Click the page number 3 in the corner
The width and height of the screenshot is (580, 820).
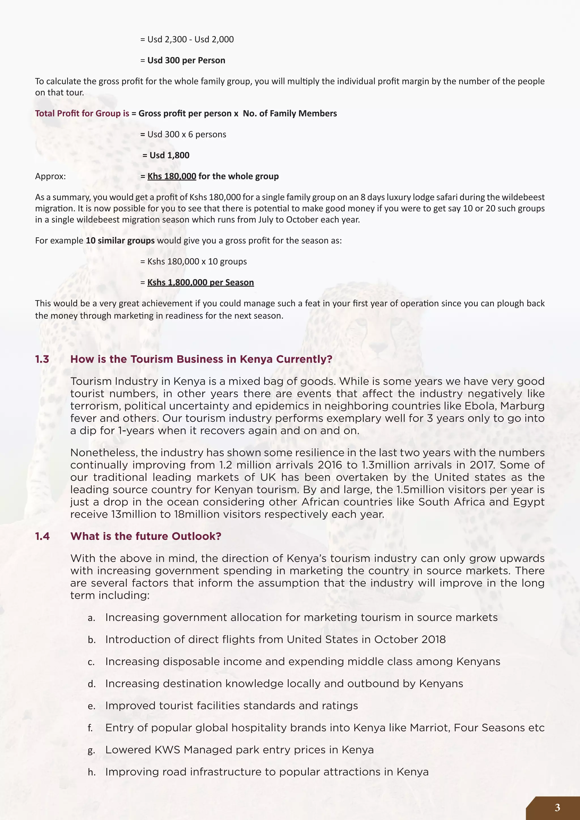[557, 808]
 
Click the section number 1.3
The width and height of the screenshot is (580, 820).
[42, 359]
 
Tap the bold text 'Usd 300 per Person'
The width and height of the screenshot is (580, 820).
[186, 60]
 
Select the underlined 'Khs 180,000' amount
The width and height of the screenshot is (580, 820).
[172, 176]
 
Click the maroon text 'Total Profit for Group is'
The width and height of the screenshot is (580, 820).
[82, 114]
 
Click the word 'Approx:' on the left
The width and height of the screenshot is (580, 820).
[50, 176]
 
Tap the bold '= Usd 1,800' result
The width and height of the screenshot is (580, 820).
[166, 155]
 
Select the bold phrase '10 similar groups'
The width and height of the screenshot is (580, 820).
[120, 241]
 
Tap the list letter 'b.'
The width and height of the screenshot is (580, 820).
[92, 640]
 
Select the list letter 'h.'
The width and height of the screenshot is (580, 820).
[92, 772]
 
